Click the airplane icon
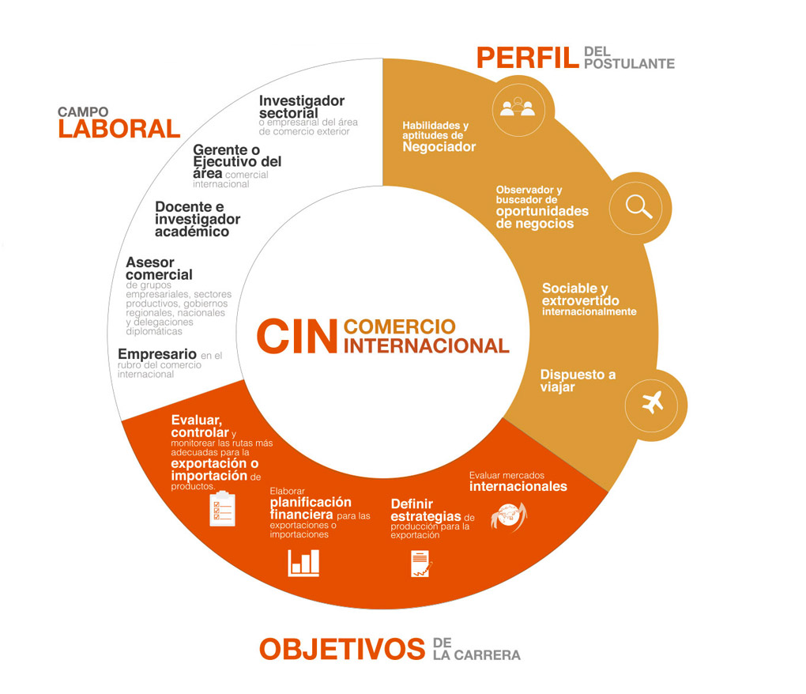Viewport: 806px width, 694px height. [x=653, y=402]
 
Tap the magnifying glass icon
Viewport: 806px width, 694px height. [x=639, y=207]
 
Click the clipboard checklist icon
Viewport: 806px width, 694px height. [x=223, y=508]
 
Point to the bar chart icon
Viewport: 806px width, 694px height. [x=303, y=563]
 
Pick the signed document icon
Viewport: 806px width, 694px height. [x=421, y=564]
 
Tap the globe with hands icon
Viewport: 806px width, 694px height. [x=509, y=516]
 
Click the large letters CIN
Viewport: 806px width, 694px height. [x=297, y=336]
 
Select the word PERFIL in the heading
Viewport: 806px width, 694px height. [x=528, y=58]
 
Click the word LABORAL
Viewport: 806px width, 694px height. [x=119, y=129]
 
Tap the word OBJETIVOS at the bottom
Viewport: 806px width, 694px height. [x=342, y=649]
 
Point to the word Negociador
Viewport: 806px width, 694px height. [x=439, y=147]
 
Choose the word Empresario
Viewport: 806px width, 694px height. [x=157, y=353]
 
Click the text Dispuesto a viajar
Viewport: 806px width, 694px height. [x=578, y=380]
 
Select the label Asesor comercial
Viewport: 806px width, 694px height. [x=160, y=268]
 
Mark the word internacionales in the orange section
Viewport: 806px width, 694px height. [x=518, y=486]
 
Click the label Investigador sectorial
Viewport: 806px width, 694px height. [x=302, y=107]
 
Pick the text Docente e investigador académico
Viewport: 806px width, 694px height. [x=198, y=219]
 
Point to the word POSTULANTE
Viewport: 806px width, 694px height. [x=629, y=64]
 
